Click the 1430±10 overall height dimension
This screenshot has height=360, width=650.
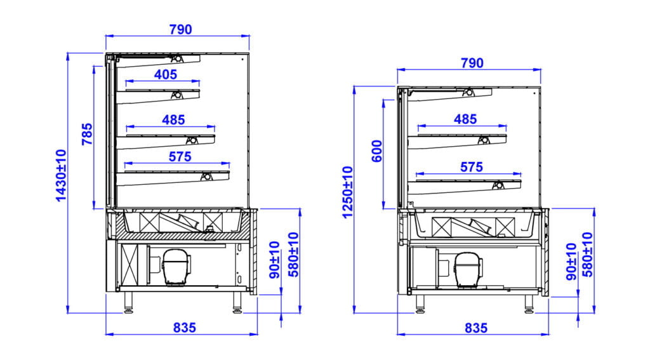click(x=61, y=175)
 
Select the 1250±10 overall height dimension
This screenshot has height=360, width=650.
click(x=347, y=192)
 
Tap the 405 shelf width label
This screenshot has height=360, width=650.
click(x=165, y=74)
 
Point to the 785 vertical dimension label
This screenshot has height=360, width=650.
click(x=87, y=135)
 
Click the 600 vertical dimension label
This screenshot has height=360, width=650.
click(x=377, y=151)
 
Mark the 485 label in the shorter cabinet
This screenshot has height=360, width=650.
click(x=465, y=119)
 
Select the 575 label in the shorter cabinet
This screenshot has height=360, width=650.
click(x=471, y=166)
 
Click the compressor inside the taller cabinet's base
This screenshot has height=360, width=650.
click(x=175, y=265)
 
